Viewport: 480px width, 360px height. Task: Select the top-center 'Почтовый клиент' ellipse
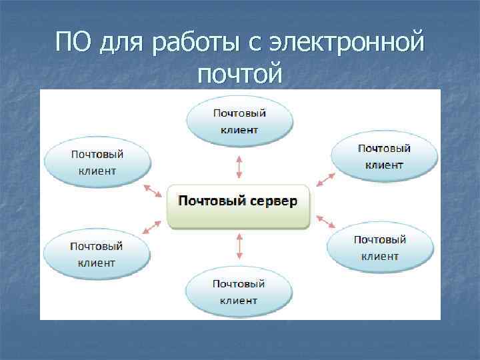(239, 121)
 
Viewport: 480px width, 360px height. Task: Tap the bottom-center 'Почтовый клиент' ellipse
(239, 291)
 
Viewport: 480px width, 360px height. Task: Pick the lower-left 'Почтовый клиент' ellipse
(97, 254)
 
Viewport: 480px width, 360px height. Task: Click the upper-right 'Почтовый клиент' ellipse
(384, 157)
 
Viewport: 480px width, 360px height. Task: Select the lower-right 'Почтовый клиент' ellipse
(380, 247)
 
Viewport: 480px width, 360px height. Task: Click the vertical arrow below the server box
(239, 246)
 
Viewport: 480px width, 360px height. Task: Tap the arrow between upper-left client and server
(153, 191)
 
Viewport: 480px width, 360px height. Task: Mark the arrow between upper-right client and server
(326, 178)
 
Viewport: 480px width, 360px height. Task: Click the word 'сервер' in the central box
(275, 201)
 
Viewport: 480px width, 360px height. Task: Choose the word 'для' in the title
(123, 45)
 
